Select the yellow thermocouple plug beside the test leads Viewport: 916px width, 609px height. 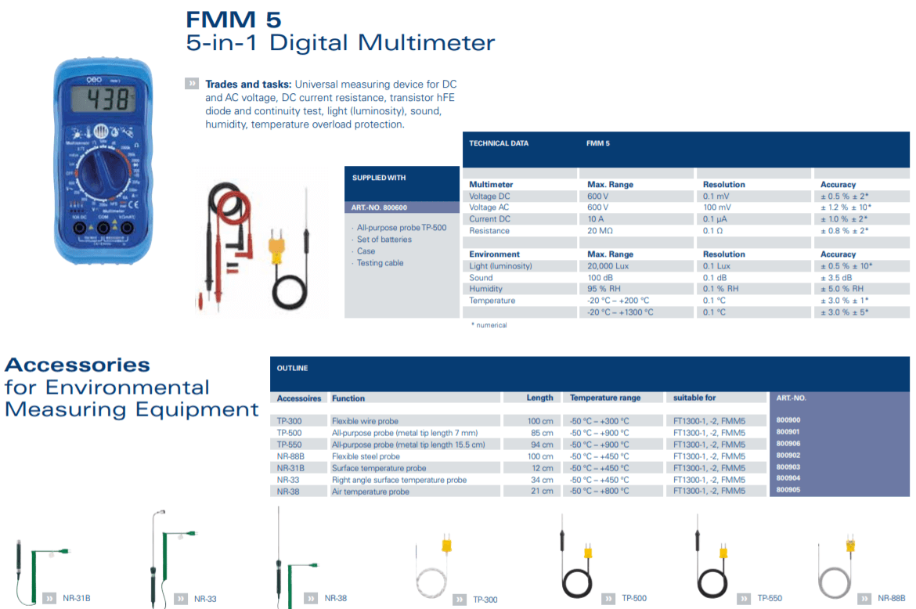276,248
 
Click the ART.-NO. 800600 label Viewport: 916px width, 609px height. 380,207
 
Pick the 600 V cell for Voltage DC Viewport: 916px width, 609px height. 598,196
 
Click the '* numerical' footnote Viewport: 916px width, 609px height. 489,325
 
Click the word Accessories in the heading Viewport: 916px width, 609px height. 77,365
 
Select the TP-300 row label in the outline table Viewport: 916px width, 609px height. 289,421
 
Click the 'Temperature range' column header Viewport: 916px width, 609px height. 605,398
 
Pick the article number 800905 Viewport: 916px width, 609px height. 788,491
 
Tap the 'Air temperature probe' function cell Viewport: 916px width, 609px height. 370,492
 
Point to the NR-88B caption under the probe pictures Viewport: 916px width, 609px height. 891,599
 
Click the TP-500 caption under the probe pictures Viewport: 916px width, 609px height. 634,599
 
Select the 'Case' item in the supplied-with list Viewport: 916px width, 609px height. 366,251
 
